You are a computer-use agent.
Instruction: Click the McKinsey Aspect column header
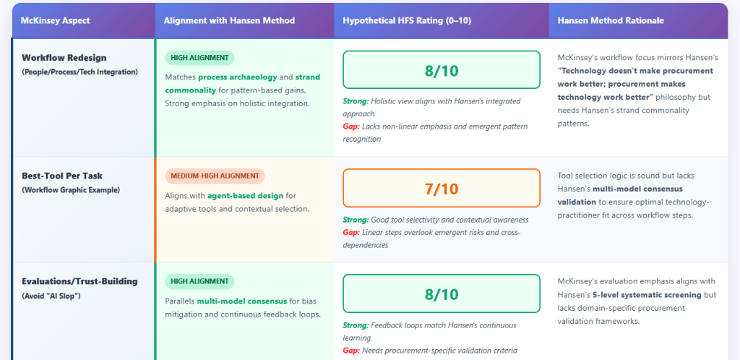click(55, 21)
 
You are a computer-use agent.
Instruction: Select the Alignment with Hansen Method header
click(229, 21)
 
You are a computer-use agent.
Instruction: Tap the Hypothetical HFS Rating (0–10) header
click(407, 21)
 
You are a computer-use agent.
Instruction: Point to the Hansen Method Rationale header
click(611, 21)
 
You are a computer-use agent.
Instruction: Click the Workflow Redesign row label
click(64, 58)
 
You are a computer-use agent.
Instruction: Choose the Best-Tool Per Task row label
click(62, 176)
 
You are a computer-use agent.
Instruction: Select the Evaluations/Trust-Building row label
click(79, 282)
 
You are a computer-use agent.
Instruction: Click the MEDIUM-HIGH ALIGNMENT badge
click(215, 176)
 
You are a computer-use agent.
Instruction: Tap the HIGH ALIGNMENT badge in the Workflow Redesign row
click(199, 58)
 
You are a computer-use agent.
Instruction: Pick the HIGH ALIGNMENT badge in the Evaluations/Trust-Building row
click(199, 282)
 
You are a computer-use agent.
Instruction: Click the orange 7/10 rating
click(442, 188)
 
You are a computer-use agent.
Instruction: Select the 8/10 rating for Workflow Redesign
click(442, 70)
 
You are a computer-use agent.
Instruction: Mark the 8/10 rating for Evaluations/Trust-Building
click(442, 293)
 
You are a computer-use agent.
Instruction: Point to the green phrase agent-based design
click(245, 195)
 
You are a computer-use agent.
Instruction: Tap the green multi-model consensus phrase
click(241, 301)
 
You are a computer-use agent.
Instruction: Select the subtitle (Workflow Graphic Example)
click(71, 190)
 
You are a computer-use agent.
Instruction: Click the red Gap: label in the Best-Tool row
click(351, 233)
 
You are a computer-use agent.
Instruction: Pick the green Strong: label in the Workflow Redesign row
click(356, 101)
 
